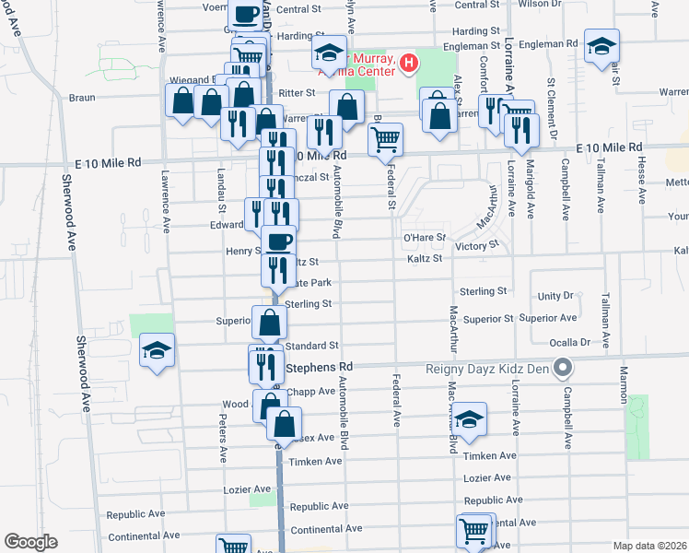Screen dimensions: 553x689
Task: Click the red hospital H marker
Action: (x=409, y=64)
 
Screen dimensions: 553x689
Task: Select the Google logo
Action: (x=30, y=542)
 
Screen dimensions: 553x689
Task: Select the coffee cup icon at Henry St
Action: (x=279, y=241)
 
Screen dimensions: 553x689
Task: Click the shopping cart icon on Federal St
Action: (x=385, y=139)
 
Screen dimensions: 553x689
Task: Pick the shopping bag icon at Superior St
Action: (x=269, y=324)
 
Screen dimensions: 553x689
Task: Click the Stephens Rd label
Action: (x=314, y=367)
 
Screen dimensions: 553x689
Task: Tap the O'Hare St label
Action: (x=424, y=238)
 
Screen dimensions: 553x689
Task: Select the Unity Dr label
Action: (x=555, y=296)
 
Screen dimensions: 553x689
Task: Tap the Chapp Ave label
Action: (x=312, y=391)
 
